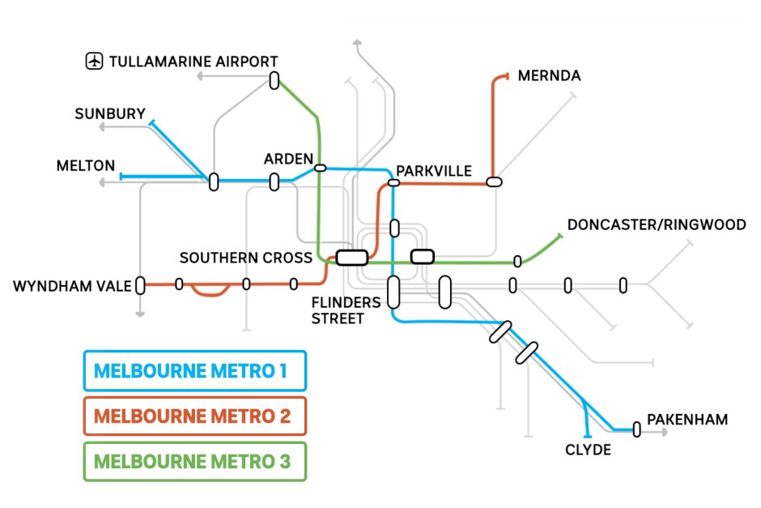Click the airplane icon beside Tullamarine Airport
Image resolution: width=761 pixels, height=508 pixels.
(95, 62)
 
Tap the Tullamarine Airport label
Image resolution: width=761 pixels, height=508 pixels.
(193, 62)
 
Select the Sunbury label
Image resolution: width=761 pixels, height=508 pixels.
(110, 113)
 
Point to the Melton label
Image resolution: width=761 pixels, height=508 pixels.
(86, 165)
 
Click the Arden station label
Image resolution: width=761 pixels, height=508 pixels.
(288, 159)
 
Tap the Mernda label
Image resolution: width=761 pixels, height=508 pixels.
(549, 76)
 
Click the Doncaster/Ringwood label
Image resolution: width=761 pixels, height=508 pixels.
(657, 224)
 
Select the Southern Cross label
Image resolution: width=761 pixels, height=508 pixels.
(246, 258)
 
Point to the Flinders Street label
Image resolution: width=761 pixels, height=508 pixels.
(338, 309)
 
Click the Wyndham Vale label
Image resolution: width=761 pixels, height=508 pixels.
(71, 286)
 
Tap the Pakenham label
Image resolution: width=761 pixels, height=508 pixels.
(687, 420)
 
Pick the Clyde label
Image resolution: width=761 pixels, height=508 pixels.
(589, 450)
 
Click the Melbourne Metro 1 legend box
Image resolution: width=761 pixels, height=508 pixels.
(194, 371)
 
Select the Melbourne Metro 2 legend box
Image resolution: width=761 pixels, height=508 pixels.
(194, 416)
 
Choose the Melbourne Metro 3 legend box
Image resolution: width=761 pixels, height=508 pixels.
(194, 461)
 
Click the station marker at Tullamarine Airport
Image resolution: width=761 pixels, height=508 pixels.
(274, 80)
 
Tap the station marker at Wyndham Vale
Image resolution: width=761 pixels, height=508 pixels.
(140, 285)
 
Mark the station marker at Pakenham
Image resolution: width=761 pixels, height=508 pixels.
(637, 429)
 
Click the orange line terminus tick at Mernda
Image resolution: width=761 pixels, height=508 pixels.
(505, 77)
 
